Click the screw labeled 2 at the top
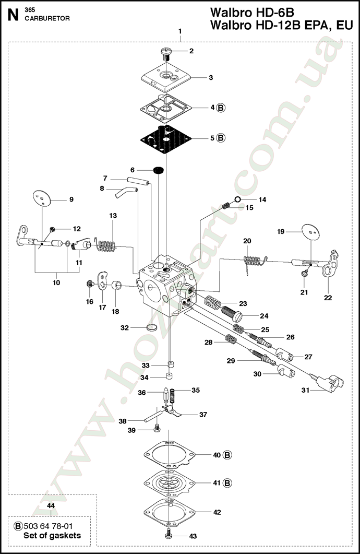(x=166, y=53)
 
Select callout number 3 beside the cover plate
(x=211, y=78)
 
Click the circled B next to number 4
(x=221, y=108)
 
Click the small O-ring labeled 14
(x=237, y=199)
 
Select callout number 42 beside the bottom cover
(x=217, y=512)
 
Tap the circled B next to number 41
(x=227, y=483)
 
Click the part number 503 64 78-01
(x=50, y=526)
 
